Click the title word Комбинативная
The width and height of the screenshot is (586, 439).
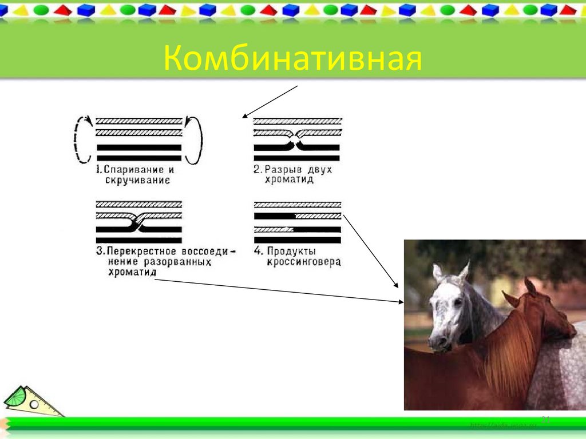(292, 59)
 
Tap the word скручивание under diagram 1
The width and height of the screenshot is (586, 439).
(137, 180)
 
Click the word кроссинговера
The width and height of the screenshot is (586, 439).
(303, 262)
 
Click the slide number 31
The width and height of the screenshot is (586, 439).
(545, 420)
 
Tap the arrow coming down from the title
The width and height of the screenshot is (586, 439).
(269, 102)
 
